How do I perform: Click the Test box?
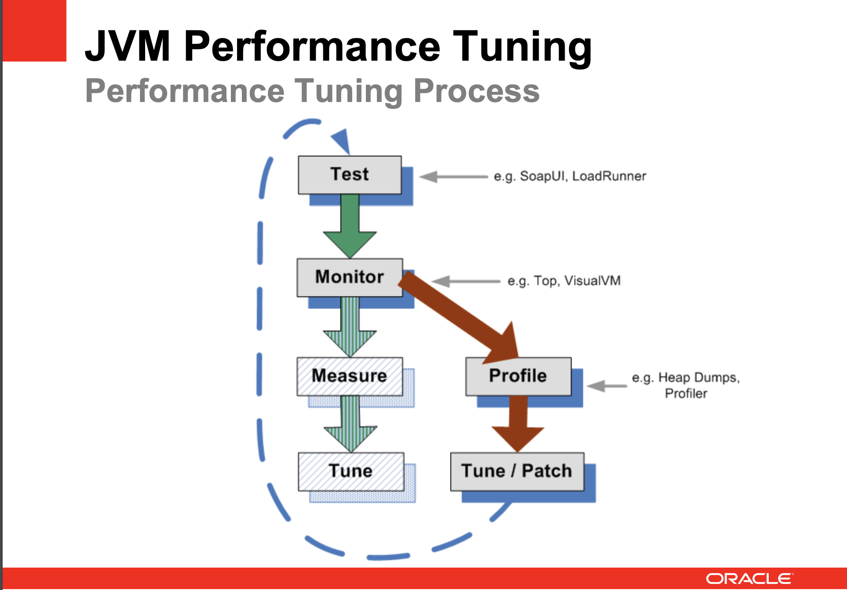[350, 175]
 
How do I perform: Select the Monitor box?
[350, 277]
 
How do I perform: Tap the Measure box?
[350, 376]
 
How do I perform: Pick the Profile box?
[518, 376]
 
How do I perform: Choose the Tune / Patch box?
[517, 471]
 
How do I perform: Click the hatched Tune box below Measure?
[350, 471]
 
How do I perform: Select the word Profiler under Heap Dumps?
[686, 393]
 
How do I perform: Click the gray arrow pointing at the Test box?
[453, 177]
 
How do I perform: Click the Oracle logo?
[749, 579]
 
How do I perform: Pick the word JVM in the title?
[128, 46]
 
